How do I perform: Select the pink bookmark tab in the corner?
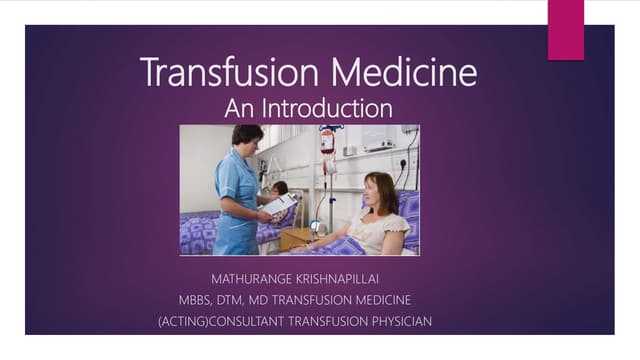[566, 29]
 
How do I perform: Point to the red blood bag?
[327, 141]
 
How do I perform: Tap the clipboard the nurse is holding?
[279, 204]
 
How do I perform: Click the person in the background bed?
[281, 189]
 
